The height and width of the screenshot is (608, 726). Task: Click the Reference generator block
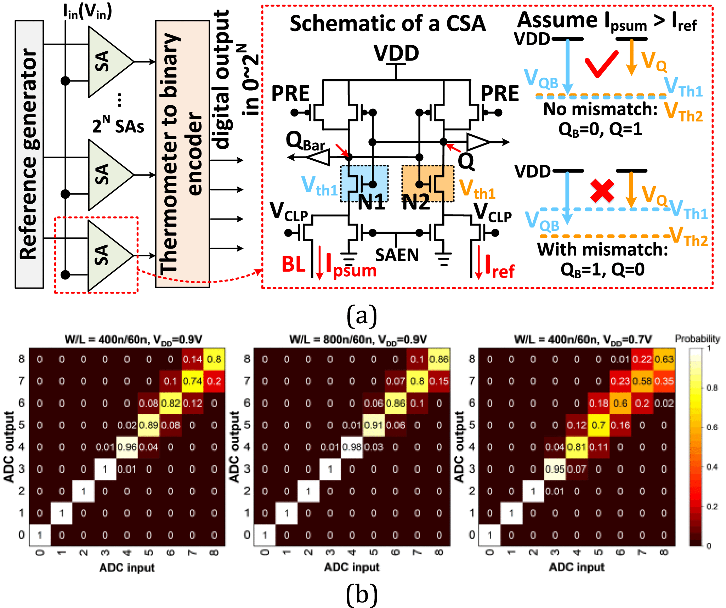[x=29, y=154]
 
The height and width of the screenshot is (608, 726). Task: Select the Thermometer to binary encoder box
[x=182, y=154]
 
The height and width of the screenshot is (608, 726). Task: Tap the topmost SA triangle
[x=108, y=62]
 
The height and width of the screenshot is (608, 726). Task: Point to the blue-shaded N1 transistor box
[x=364, y=183]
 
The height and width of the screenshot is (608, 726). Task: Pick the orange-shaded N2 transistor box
[x=428, y=183]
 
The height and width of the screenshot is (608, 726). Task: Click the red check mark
[x=601, y=64]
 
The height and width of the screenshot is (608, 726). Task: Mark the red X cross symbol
[x=602, y=191]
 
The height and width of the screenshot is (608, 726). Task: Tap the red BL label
[x=293, y=264]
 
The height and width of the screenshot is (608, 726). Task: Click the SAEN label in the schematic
[x=397, y=255]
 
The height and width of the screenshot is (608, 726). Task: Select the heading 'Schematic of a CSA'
[x=387, y=24]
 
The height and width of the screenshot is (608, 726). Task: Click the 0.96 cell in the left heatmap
[x=127, y=447]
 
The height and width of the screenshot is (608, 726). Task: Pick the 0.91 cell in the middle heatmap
[x=374, y=425]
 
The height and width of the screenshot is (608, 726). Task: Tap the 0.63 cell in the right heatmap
[x=664, y=359]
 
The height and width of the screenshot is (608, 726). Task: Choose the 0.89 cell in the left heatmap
[x=149, y=425]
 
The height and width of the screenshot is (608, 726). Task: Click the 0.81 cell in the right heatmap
[x=577, y=447]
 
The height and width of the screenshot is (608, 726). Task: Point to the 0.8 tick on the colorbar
[x=711, y=388]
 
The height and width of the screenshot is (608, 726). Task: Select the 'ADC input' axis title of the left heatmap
[x=127, y=568]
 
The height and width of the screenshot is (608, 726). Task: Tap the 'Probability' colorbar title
[x=697, y=339]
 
